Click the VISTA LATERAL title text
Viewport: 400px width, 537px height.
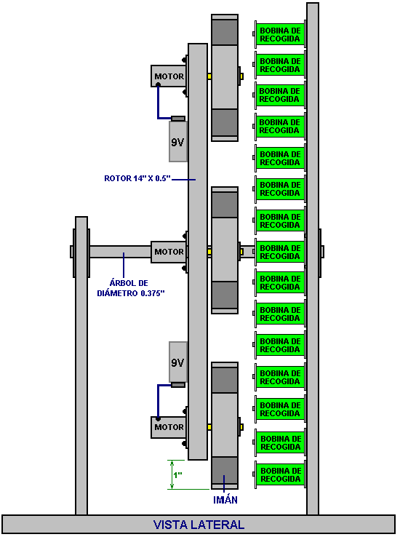(x=199, y=525)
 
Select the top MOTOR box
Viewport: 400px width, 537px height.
(x=169, y=76)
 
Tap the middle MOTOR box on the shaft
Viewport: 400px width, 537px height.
(x=169, y=252)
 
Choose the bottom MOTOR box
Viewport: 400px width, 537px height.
(x=169, y=427)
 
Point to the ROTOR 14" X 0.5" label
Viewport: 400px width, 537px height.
(x=137, y=178)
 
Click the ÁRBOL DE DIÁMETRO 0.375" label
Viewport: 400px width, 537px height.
(x=131, y=288)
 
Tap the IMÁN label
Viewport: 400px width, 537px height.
(x=225, y=500)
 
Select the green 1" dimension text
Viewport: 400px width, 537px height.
(x=177, y=475)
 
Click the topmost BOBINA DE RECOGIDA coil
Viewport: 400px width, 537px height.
(x=279, y=35)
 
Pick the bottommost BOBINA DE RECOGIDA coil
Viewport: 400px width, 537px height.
(x=280, y=474)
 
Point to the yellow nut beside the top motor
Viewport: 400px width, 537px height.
(x=209, y=76)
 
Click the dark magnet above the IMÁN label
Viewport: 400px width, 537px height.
(x=225, y=470)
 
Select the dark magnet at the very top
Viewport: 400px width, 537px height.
(x=225, y=32)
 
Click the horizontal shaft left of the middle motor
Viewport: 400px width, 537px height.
(x=120, y=252)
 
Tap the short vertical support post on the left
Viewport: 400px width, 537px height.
(x=81, y=365)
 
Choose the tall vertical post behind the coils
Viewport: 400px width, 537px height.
(x=313, y=258)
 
